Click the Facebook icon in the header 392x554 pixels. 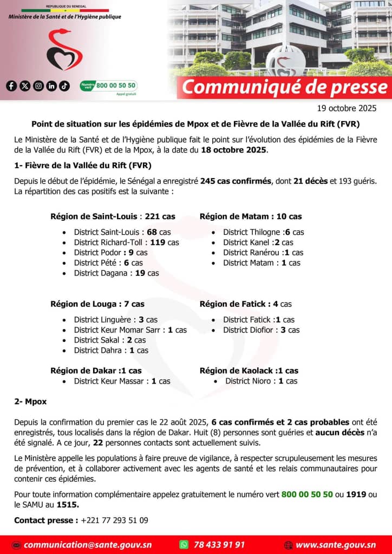(11, 85)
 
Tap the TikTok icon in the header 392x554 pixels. (64, 85)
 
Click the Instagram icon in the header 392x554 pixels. (38, 85)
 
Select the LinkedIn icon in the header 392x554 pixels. (51, 85)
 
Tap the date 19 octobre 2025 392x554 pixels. (347, 108)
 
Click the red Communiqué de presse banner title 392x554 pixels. (285, 87)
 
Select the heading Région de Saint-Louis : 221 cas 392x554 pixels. (113, 216)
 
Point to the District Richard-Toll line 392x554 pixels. (126, 242)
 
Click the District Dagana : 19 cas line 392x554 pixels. (116, 273)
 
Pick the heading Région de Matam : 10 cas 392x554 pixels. (251, 216)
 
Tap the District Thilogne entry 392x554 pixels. (263, 232)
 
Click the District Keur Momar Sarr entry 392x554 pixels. (130, 330)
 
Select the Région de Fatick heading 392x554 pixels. (245, 304)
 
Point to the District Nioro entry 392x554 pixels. (261, 381)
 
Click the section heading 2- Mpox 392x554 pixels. (30, 402)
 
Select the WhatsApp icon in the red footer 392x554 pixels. (184, 545)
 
